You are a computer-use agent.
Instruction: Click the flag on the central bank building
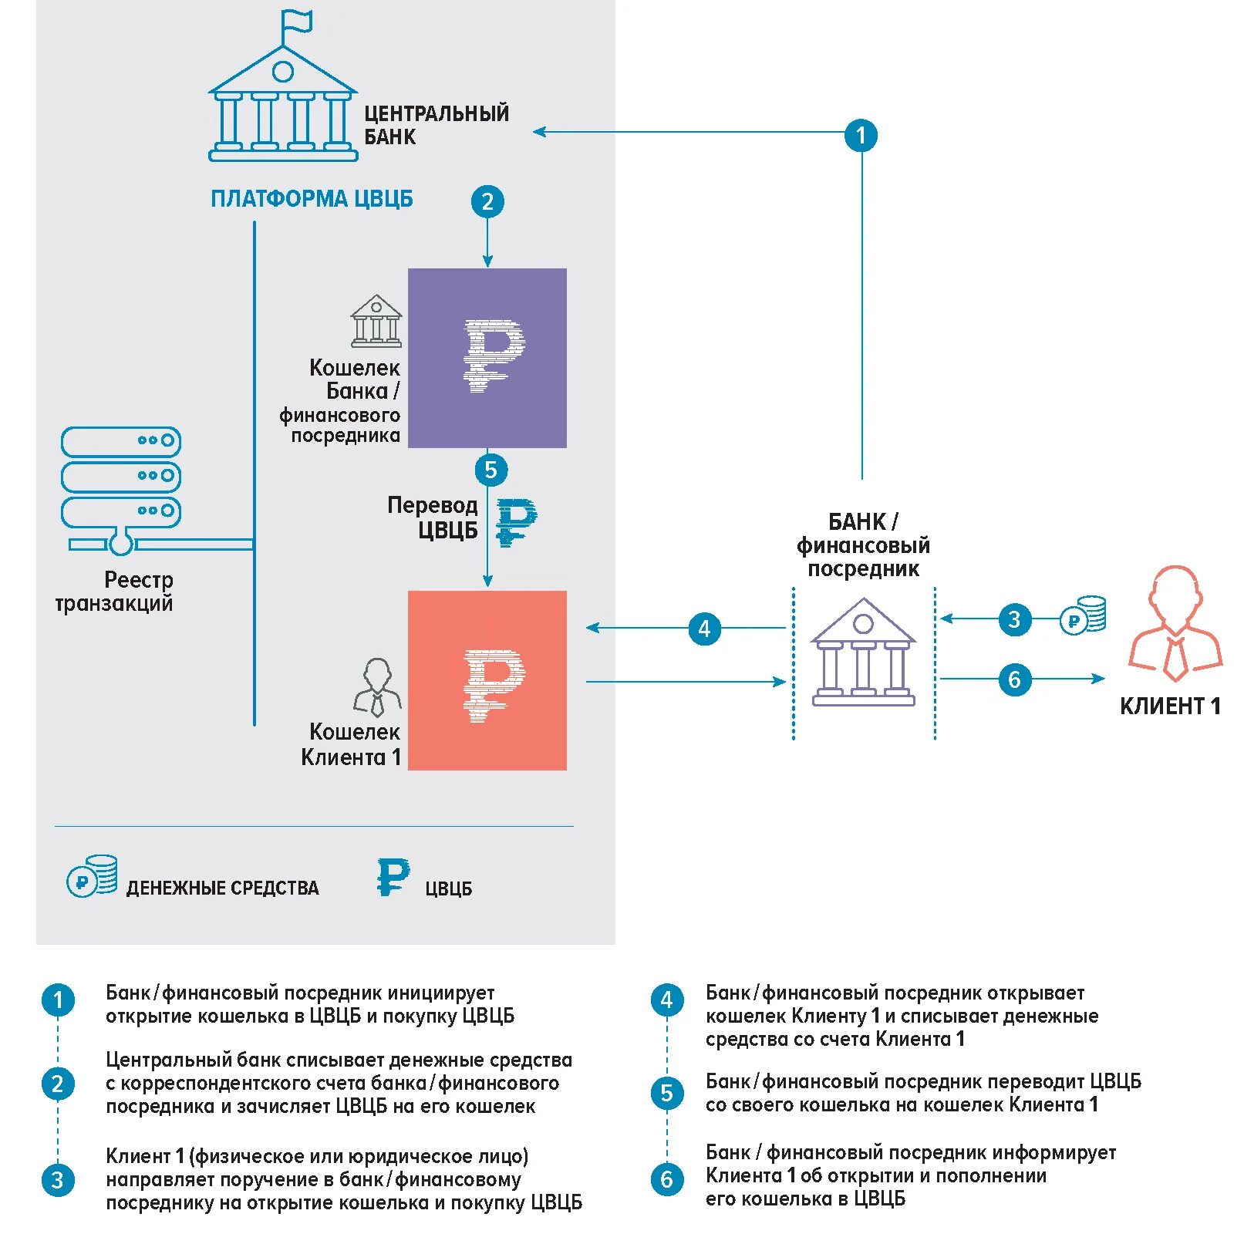click(298, 22)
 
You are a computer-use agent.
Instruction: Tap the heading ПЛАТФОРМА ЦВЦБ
click(312, 199)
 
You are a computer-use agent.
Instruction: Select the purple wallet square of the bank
click(487, 358)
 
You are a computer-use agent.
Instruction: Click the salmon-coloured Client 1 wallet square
click(487, 680)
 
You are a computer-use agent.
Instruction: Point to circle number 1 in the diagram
click(861, 136)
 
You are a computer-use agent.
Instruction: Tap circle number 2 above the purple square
click(487, 202)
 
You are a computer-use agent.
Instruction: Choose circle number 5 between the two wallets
click(491, 470)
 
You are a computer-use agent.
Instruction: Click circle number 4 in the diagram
click(704, 629)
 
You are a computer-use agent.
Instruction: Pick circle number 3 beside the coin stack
click(1014, 619)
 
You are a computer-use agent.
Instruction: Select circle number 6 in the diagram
click(1014, 679)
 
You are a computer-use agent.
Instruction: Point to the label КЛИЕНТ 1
click(1170, 706)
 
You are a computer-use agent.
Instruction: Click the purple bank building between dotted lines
click(863, 652)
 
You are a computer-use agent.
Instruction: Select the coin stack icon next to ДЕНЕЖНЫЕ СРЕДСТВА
click(93, 875)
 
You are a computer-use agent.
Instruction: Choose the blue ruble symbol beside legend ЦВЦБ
click(393, 877)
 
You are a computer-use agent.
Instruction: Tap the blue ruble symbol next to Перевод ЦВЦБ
click(515, 522)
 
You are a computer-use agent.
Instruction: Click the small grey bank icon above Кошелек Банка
click(376, 320)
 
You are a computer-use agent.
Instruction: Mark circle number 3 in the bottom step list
click(58, 1180)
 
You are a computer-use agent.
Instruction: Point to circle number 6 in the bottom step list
click(667, 1179)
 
